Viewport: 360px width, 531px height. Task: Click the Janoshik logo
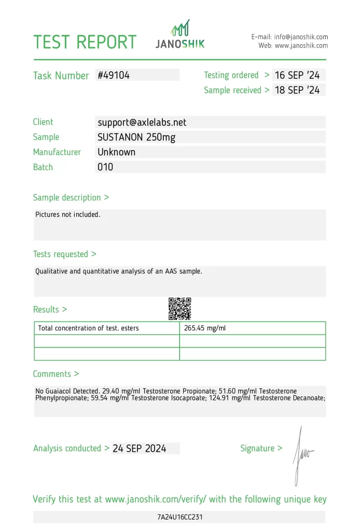(180, 35)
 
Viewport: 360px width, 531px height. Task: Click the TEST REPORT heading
(85, 41)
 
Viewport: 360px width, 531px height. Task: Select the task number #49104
(114, 75)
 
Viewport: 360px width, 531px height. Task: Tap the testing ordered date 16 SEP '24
(297, 75)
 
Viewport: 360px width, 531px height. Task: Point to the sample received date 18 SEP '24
(297, 90)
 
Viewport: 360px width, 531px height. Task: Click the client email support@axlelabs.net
(142, 122)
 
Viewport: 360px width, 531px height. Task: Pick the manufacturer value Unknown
(117, 152)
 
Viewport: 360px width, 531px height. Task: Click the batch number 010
(105, 167)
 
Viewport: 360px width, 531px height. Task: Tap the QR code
(180, 309)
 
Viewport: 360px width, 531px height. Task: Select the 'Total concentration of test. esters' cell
(89, 328)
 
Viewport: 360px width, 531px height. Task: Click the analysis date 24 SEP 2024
(140, 449)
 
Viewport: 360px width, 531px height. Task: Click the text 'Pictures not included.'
(68, 215)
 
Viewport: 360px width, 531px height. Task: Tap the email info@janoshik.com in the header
(301, 37)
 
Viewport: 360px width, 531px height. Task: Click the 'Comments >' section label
(56, 374)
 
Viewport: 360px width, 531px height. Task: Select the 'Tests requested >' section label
(64, 254)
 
